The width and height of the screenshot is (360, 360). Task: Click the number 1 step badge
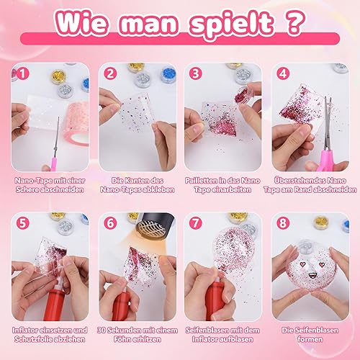tap(23, 73)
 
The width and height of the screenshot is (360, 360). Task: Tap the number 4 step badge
tap(283, 73)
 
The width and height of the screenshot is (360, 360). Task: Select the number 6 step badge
tap(110, 223)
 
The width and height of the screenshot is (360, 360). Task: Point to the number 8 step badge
tap(283, 223)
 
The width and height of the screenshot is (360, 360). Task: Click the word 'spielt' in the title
tap(231, 24)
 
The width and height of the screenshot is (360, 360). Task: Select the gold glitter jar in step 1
tap(58, 77)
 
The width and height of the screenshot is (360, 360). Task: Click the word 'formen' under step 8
tap(310, 339)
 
